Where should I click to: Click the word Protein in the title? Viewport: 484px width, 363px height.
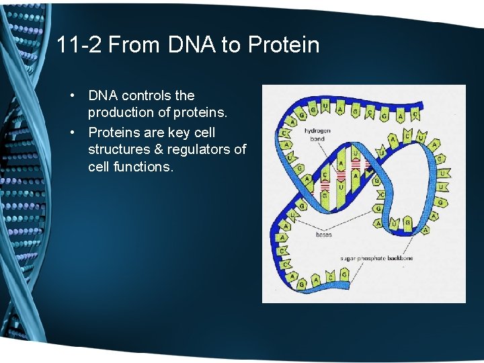283,45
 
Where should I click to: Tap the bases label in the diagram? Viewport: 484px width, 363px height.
323,235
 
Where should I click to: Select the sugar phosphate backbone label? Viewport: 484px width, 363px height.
376,258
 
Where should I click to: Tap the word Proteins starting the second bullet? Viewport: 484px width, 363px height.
115,132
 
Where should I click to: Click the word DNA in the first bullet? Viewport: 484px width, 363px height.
103,96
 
